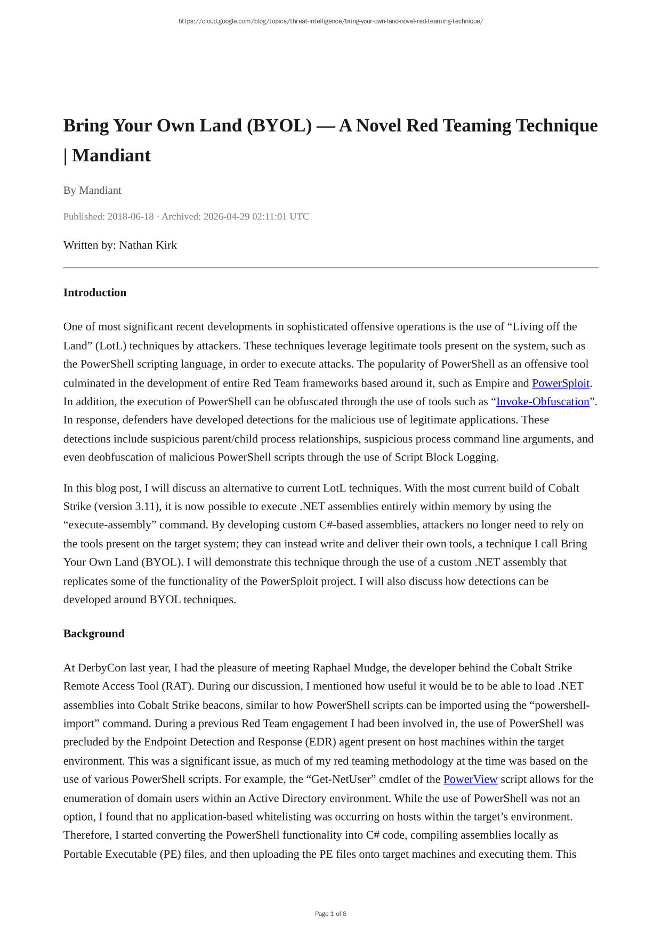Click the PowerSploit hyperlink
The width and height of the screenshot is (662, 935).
click(560, 383)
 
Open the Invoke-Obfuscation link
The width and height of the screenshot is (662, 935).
click(543, 401)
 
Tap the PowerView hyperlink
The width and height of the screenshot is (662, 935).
click(470, 780)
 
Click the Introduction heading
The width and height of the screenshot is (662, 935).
click(95, 293)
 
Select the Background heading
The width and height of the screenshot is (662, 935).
click(94, 634)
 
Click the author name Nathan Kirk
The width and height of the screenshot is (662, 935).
click(148, 245)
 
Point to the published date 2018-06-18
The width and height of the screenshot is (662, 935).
click(131, 217)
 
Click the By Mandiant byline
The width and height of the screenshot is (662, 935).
click(92, 191)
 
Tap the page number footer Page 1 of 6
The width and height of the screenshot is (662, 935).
click(330, 914)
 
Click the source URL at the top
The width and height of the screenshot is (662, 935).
click(330, 21)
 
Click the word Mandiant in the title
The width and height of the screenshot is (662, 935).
click(111, 156)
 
